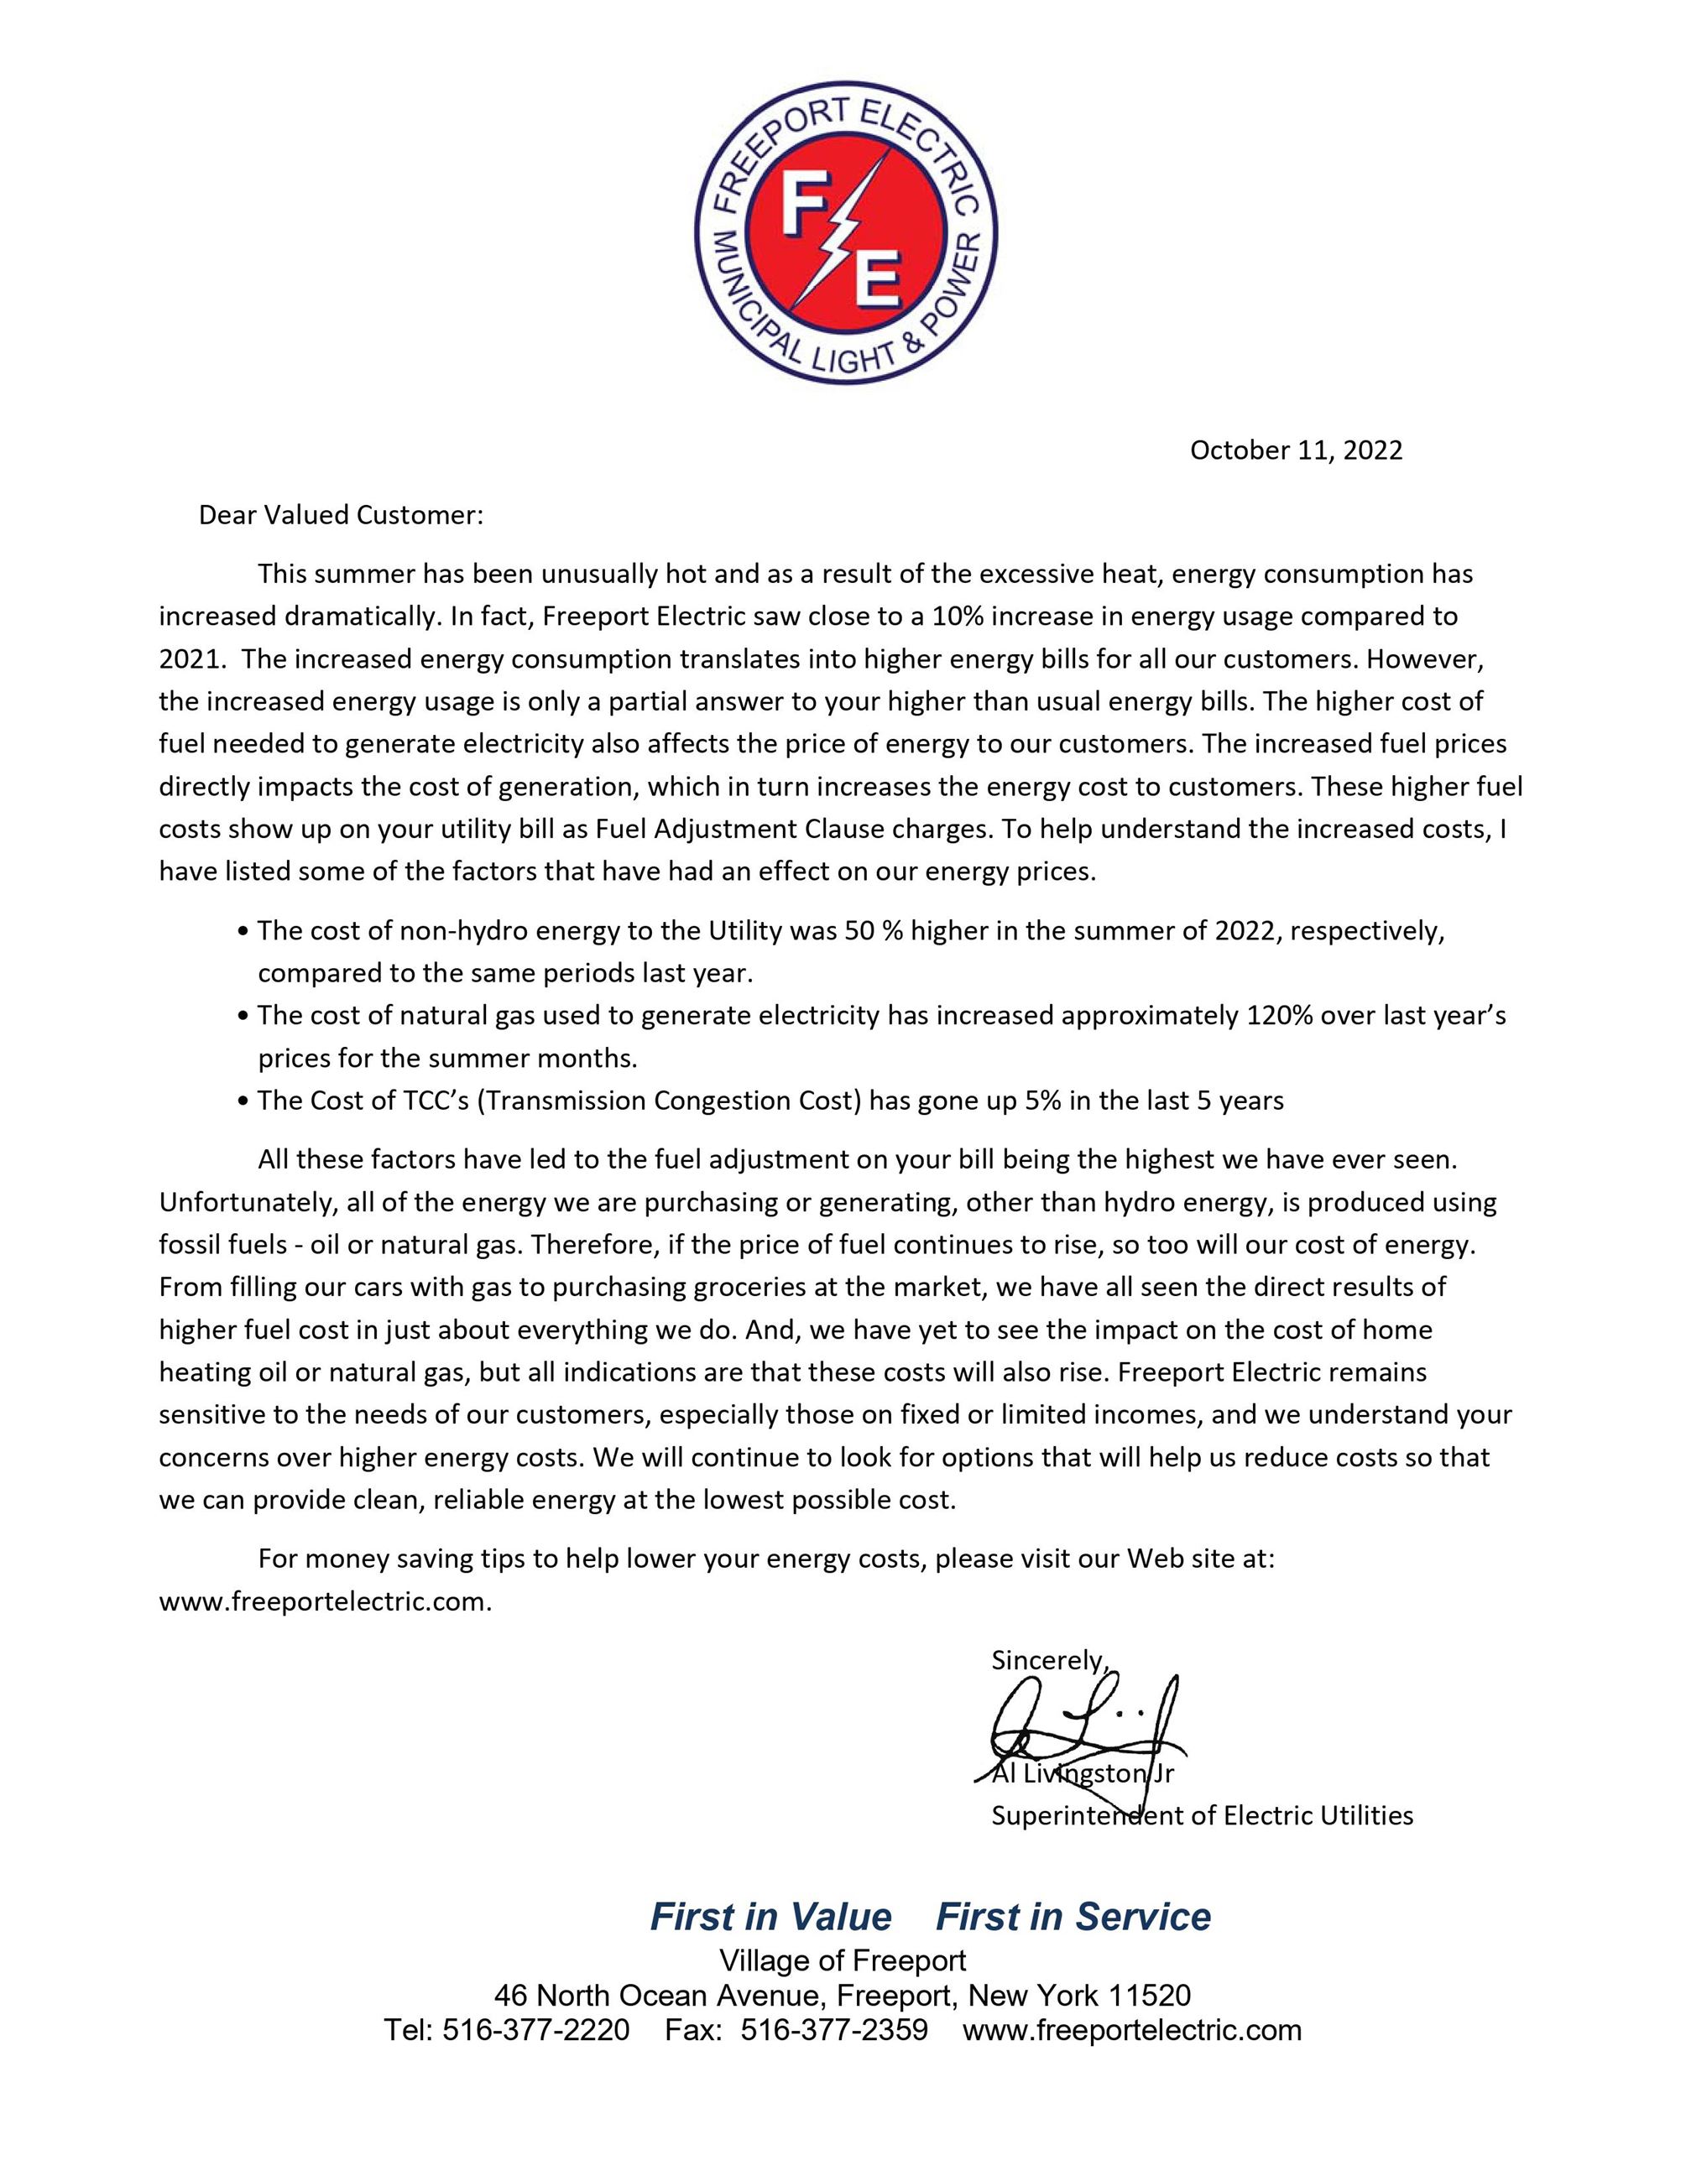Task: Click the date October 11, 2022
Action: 1296,450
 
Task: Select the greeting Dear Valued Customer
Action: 341,515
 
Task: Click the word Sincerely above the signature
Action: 1047,1660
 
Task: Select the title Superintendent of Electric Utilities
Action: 1202,1814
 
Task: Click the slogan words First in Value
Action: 770,1917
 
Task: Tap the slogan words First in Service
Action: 1073,1917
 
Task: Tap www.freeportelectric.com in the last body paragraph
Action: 325,1602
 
